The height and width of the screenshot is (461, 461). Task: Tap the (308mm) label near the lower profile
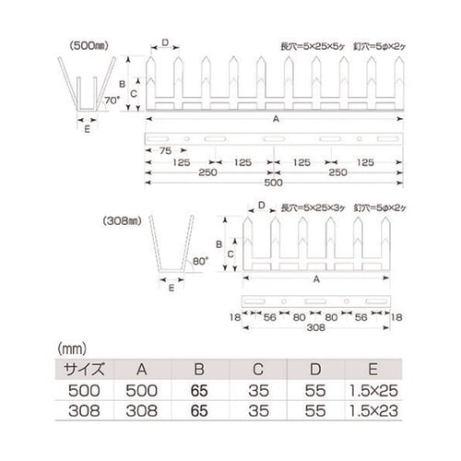(125, 222)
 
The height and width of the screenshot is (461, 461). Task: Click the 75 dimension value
(164, 151)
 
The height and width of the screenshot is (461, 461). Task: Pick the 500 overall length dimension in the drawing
(270, 184)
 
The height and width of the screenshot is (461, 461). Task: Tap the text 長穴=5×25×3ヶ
(308, 207)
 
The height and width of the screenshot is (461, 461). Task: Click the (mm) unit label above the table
(72, 349)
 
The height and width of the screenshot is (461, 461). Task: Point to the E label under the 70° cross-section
(88, 129)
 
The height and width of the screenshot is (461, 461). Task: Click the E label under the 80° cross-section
(172, 287)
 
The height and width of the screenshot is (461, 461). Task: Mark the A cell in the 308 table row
(139, 410)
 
